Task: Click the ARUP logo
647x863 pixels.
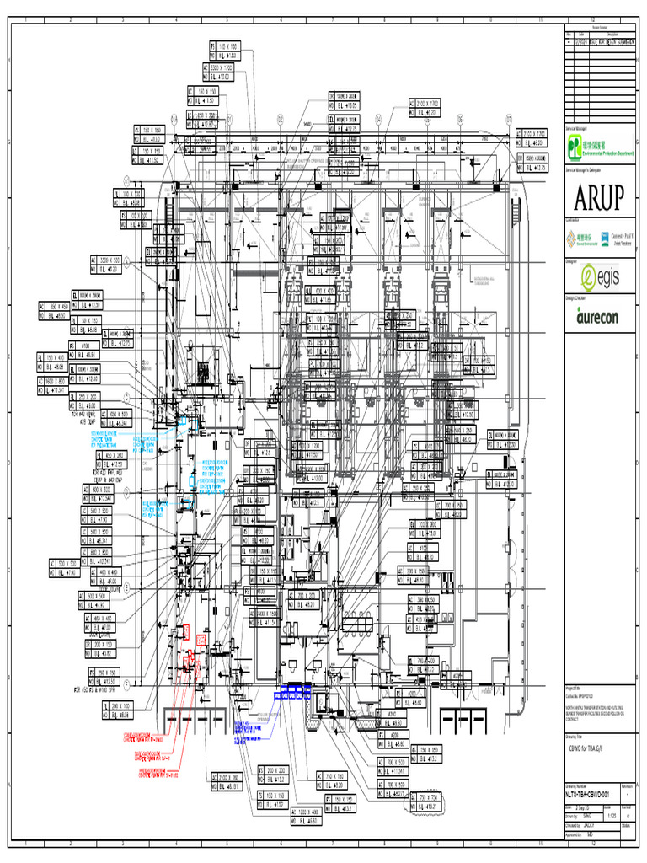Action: click(x=599, y=198)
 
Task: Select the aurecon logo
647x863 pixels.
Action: click(x=598, y=317)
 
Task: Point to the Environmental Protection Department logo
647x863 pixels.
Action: click(x=599, y=149)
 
